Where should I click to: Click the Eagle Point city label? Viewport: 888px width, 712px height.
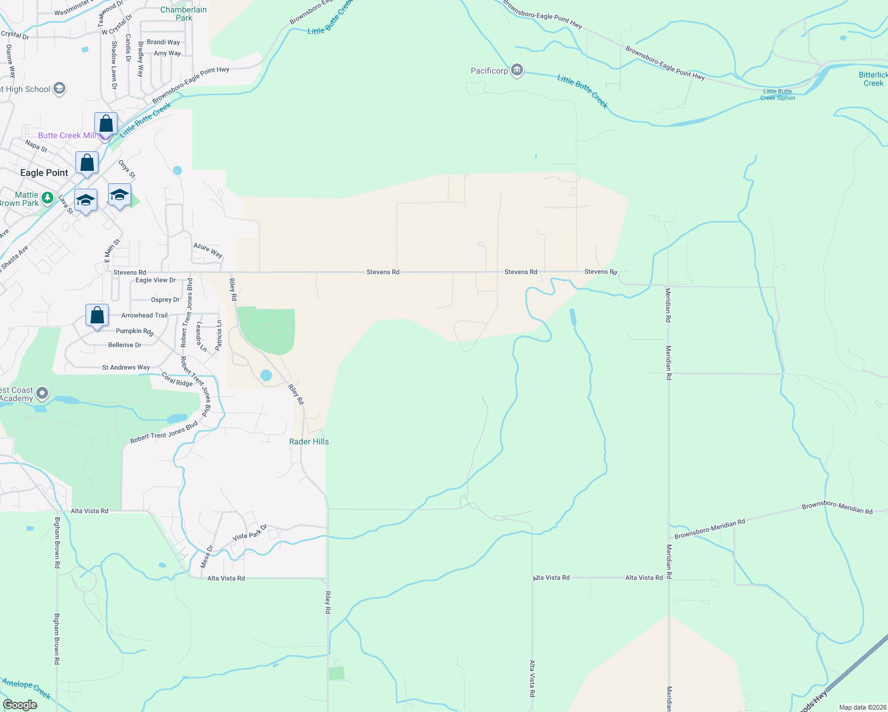pos(44,173)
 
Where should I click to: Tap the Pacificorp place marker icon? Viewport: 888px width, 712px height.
pos(517,71)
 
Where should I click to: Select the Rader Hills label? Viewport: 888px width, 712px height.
pos(309,441)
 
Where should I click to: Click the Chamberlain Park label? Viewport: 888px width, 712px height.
pos(183,14)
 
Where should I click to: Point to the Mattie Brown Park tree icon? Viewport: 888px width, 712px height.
pos(47,198)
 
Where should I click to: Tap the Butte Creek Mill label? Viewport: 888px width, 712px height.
pos(67,135)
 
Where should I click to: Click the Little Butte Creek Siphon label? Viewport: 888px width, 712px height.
pos(778,95)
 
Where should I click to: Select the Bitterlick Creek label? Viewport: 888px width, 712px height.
pos(873,79)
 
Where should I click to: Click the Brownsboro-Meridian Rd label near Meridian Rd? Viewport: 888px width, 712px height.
pos(710,529)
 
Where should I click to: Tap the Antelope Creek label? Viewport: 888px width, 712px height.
pos(26,688)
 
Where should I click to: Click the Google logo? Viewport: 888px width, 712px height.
pos(20,705)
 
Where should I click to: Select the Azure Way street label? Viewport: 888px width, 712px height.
pos(208,250)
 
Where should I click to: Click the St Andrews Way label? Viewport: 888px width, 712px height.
pos(126,367)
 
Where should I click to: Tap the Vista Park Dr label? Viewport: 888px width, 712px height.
pos(250,532)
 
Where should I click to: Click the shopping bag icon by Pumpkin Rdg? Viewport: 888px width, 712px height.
pos(97,315)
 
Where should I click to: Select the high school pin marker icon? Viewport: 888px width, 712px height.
pos(59,89)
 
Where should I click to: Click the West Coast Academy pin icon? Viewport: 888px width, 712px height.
pos(42,393)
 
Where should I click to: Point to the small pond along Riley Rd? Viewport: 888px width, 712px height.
pos(266,375)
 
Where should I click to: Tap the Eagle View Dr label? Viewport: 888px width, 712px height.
pos(156,280)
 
